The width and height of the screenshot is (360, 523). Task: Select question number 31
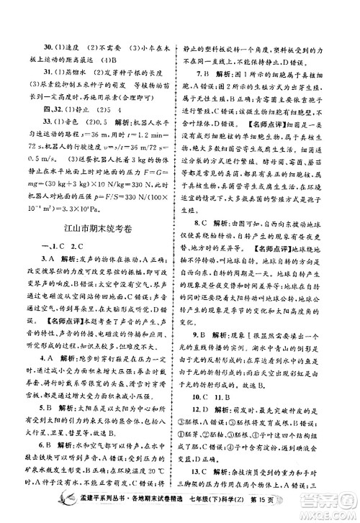pos(28,73)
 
